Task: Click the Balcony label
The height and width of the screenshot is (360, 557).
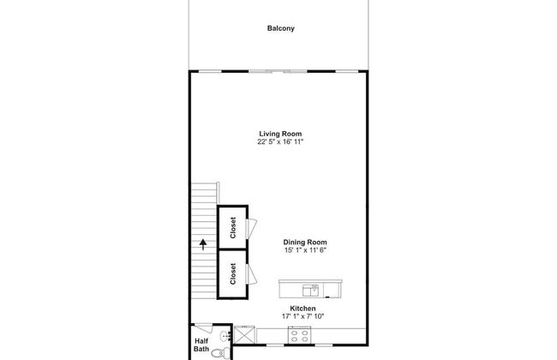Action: click(x=280, y=28)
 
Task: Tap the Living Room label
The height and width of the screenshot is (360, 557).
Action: click(x=280, y=134)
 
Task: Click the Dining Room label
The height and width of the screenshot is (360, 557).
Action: click(x=305, y=242)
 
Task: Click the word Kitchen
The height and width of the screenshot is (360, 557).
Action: click(x=302, y=308)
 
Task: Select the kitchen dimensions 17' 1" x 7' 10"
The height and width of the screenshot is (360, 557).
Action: click(x=302, y=316)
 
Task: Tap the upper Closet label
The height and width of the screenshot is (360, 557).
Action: click(x=233, y=228)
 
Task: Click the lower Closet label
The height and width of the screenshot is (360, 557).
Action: click(x=233, y=274)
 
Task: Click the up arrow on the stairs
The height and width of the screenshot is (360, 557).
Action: click(x=203, y=243)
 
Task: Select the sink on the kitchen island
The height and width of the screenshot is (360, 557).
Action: click(x=314, y=288)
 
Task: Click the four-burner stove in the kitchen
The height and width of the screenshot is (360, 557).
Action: click(x=302, y=337)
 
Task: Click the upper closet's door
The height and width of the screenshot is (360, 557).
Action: click(x=252, y=228)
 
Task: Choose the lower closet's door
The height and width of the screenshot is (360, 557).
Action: click(x=252, y=274)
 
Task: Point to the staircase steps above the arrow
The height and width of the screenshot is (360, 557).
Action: click(x=203, y=206)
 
